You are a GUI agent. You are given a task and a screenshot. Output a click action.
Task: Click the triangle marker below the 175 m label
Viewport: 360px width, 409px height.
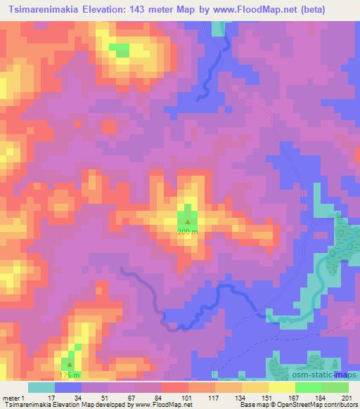pyautogui.click(x=68, y=364)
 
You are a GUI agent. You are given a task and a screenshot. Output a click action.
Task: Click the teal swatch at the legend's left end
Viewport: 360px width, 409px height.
pyautogui.click(x=41, y=387)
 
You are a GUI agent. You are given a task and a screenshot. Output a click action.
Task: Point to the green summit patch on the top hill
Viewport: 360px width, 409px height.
pyautogui.click(x=119, y=50)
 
